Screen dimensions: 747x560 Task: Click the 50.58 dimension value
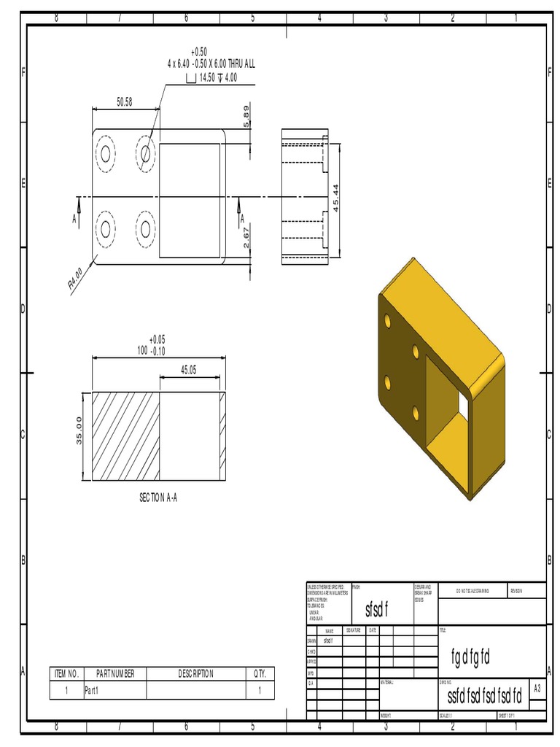point(124,102)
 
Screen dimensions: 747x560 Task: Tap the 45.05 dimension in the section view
point(188,370)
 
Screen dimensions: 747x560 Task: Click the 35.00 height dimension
point(79,436)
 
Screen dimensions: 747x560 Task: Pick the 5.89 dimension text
point(246,116)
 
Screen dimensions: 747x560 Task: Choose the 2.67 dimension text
point(246,237)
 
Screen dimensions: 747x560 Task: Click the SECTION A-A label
point(158,498)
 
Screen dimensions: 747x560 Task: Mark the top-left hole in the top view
point(106,153)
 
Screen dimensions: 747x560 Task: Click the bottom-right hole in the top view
point(145,229)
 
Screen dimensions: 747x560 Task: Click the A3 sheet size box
point(537,689)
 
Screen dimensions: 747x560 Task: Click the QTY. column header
point(260,673)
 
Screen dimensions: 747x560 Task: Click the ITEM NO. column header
point(67,673)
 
